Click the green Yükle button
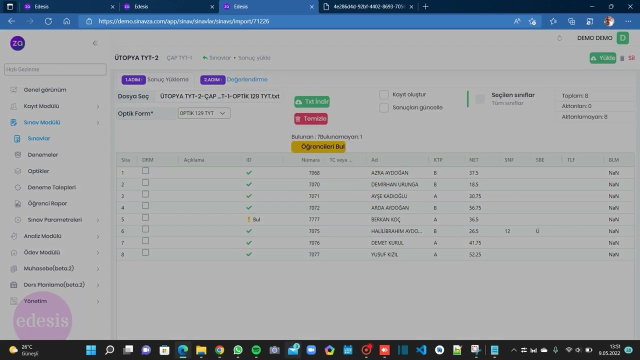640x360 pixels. (603, 58)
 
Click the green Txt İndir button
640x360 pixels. (311, 101)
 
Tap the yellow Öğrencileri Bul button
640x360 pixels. (318, 146)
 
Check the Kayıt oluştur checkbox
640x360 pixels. (383, 94)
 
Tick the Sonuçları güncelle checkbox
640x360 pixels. (383, 107)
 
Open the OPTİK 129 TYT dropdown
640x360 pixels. (203, 113)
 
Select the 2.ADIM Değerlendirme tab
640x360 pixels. (234, 79)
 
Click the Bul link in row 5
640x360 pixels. (256, 219)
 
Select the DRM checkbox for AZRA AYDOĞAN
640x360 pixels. (145, 171)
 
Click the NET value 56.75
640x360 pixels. (475, 207)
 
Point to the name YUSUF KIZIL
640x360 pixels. (384, 254)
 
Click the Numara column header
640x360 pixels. (310, 159)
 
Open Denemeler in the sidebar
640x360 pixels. (43, 154)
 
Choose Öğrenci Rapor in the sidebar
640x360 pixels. (47, 203)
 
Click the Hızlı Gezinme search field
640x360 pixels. (55, 69)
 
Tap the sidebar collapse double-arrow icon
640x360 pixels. (95, 43)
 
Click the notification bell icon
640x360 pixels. (559, 38)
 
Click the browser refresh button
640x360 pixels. (48, 21)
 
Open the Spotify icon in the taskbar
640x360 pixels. (256, 349)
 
